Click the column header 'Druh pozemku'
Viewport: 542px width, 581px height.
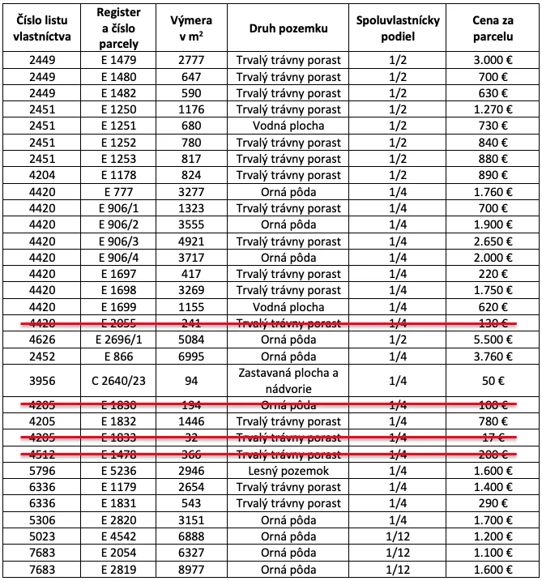pyautogui.click(x=288, y=28)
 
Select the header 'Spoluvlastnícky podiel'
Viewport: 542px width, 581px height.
pyautogui.click(x=398, y=28)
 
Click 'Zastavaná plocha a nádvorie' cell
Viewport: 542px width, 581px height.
pyautogui.click(x=288, y=380)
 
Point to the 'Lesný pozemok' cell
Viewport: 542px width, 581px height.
pyautogui.click(x=288, y=470)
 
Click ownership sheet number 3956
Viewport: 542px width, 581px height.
pyautogui.click(x=42, y=380)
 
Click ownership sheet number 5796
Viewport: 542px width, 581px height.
pyautogui.click(x=42, y=470)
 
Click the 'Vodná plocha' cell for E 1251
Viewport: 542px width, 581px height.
pyautogui.click(x=288, y=126)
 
